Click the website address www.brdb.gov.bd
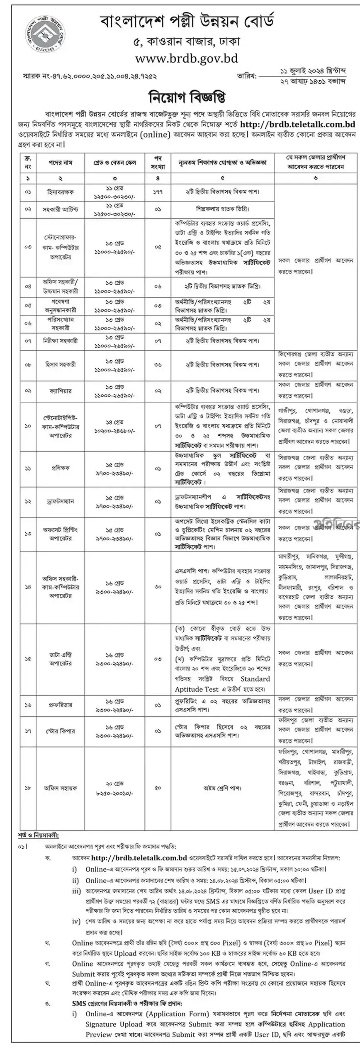(186, 58)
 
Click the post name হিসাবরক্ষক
(60, 192)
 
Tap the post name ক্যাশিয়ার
(60, 391)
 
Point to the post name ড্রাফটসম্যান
(60, 501)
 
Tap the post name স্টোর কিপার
(60, 731)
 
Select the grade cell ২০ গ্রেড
(114, 783)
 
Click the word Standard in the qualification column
(255, 679)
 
